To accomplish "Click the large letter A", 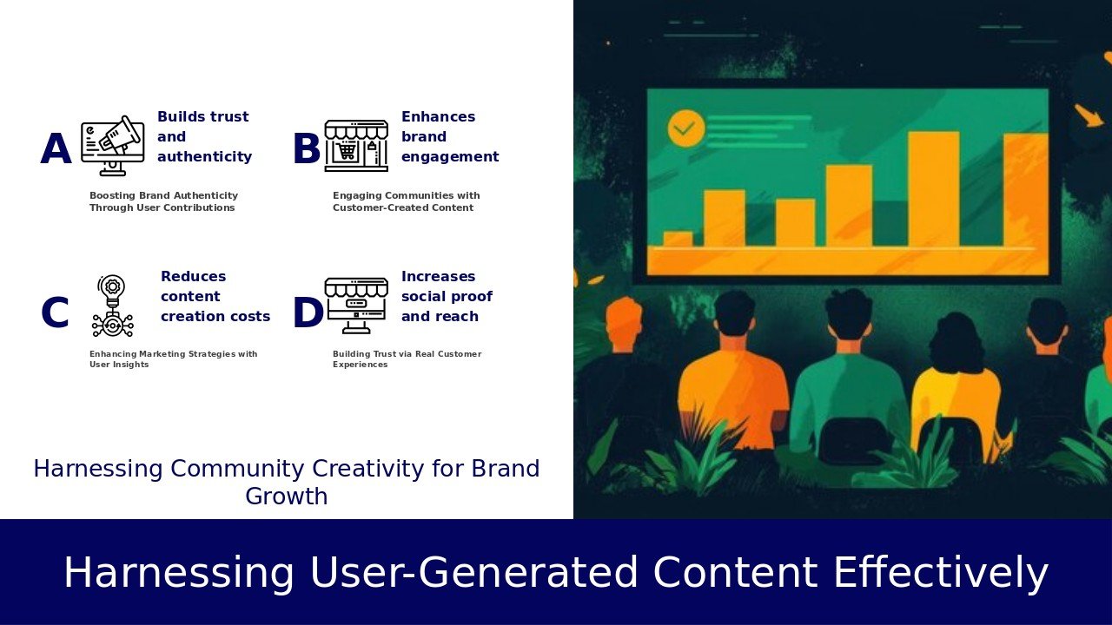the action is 56,148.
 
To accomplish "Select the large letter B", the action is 307,148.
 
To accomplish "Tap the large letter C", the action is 55,312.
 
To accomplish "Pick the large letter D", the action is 308,312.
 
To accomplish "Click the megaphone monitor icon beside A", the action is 113,145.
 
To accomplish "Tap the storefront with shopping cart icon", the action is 356,146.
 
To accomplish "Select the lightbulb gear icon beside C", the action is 113,306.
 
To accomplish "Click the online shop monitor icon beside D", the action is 356,306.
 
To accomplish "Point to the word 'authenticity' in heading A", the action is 204,157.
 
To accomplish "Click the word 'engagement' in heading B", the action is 450,157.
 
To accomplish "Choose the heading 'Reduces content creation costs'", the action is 215,296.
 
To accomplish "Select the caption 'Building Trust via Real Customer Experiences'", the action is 407,359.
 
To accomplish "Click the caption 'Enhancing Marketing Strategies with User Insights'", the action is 173,359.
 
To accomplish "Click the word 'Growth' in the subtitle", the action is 287,496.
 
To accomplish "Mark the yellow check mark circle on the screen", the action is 686,128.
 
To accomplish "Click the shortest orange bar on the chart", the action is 678,239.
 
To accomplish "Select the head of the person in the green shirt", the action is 849,315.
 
